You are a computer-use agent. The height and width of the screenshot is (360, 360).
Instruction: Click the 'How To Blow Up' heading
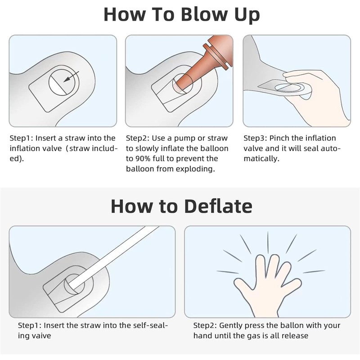[182, 15]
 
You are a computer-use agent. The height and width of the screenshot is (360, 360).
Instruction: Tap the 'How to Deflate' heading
[182, 206]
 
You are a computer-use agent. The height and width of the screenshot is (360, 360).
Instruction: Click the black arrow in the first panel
[71, 76]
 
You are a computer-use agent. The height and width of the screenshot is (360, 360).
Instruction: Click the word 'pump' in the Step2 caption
[184, 139]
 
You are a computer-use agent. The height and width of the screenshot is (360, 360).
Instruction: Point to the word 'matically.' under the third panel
[261, 159]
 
